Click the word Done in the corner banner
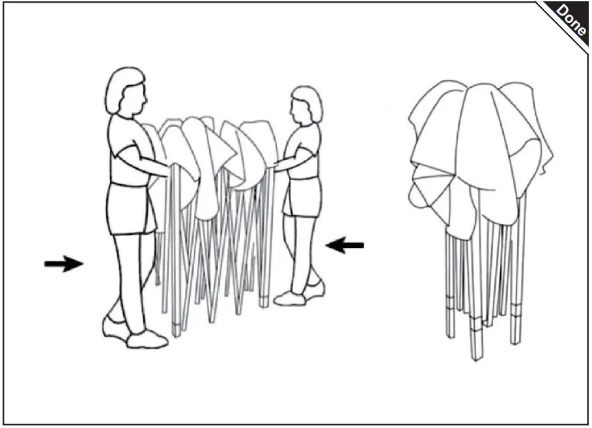(571, 20)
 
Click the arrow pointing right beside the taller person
(63, 263)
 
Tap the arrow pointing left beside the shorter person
(345, 245)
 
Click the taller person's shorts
(129, 208)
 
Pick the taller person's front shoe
(147, 340)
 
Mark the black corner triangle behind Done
(580, 9)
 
